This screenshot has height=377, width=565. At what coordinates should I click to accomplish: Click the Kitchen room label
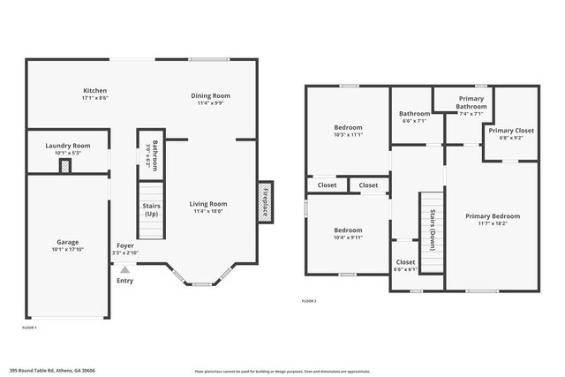coord(95,91)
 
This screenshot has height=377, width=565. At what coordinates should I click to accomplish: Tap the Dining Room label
coord(211,95)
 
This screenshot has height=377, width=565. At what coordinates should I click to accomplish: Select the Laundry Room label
coord(68,146)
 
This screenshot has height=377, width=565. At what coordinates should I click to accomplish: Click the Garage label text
coord(68,242)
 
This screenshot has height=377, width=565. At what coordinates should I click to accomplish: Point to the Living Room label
coord(208,204)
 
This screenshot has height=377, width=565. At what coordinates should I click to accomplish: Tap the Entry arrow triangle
coord(125,269)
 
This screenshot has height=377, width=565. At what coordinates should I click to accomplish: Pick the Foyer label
coord(125,246)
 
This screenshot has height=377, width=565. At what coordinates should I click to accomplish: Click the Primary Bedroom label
coord(493,216)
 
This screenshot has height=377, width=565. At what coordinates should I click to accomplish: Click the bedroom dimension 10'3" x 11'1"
coord(347,135)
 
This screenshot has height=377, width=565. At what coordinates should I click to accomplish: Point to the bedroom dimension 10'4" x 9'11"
coord(348,238)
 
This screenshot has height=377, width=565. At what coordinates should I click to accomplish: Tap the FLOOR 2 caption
coord(309,302)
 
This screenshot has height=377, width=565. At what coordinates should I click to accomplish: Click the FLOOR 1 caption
coord(29,328)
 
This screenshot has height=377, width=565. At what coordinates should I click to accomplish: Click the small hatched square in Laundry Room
coord(64,167)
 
